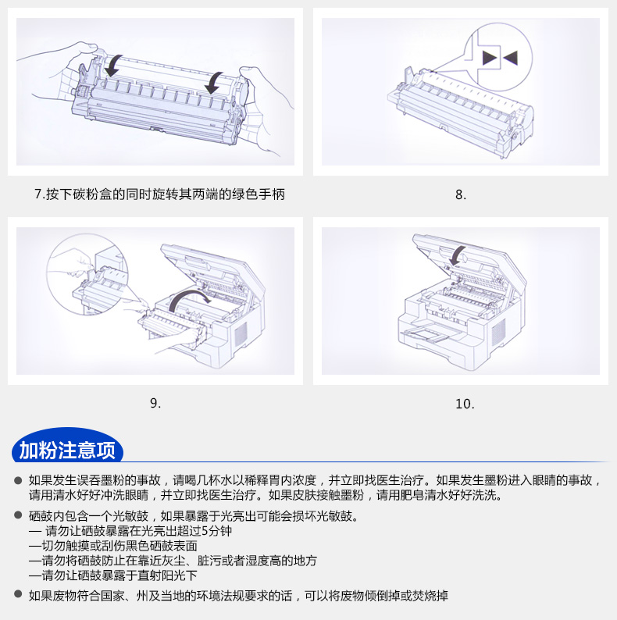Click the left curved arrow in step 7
[x=112, y=66]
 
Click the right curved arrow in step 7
[x=214, y=83]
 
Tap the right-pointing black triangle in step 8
[x=490, y=58]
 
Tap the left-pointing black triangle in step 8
[x=511, y=58]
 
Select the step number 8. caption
[x=461, y=194]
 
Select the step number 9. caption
[x=155, y=404]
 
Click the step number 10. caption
[x=465, y=404]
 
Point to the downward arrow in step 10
[x=458, y=255]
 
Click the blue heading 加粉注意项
[x=67, y=450]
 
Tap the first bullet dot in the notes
[x=18, y=480]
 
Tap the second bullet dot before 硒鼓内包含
[x=18, y=515]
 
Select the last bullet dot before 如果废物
[x=18, y=593]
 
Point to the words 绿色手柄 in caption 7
[x=259, y=194]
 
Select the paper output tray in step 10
[x=427, y=332]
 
